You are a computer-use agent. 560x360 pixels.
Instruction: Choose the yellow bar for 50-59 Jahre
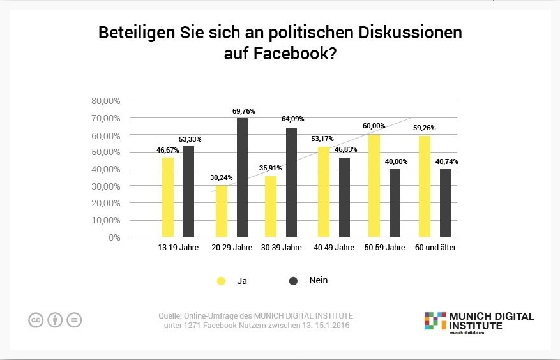click(375, 185)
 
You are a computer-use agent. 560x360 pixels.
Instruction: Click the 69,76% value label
click(243, 111)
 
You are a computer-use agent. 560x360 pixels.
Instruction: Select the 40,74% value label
click(446, 162)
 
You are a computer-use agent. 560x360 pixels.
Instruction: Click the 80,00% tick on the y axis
click(107, 101)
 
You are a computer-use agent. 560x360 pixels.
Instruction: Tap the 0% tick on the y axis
click(114, 237)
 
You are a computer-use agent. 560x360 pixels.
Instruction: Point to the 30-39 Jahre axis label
click(282, 248)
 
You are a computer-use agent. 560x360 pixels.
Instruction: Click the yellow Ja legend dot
click(221, 281)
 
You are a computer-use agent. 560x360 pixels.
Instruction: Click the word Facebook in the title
click(290, 54)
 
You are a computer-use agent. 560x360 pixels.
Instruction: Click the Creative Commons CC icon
click(36, 320)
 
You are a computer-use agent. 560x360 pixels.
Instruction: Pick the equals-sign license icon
click(74, 320)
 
